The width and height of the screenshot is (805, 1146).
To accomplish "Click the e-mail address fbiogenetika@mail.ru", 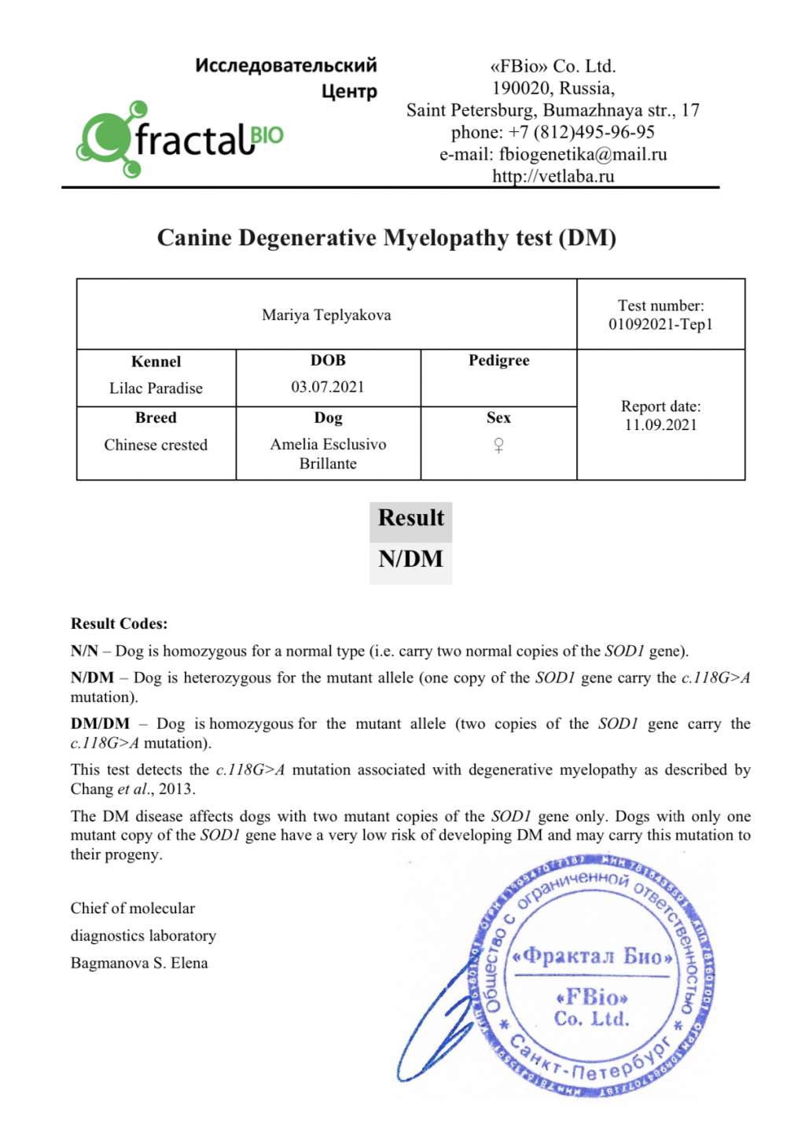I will click(583, 154).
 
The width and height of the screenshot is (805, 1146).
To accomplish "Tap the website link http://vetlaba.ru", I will click(553, 176).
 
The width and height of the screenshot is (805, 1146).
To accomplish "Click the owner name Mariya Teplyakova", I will click(326, 315).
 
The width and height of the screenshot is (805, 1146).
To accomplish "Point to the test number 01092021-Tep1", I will click(660, 324).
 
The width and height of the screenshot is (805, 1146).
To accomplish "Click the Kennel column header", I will click(156, 362).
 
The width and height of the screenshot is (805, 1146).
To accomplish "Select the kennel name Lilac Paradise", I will click(156, 388).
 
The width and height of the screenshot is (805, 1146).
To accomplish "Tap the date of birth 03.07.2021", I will click(328, 387).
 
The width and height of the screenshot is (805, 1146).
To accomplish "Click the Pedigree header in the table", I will click(498, 361).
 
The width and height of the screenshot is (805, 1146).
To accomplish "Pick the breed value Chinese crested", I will click(156, 445).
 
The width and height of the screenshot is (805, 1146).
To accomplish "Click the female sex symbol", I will click(498, 446).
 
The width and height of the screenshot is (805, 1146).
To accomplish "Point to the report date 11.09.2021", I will click(660, 425).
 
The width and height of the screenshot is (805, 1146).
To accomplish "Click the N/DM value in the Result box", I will click(410, 559).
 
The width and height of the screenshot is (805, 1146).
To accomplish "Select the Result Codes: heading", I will click(119, 624).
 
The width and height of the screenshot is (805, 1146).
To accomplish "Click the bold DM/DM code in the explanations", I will click(100, 724).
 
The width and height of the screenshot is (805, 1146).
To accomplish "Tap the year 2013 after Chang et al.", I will click(176, 789).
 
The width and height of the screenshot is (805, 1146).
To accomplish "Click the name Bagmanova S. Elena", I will click(139, 964).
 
